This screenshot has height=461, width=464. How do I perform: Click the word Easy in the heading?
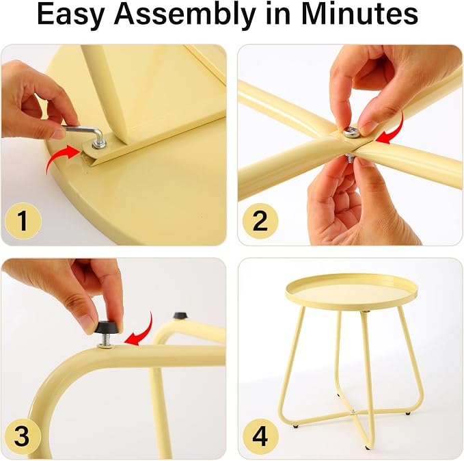72,15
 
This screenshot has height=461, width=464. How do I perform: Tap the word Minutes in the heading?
360,14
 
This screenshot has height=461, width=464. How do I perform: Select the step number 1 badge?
23,221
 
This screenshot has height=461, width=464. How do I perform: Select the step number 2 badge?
260,221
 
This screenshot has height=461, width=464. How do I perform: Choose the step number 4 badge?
260,436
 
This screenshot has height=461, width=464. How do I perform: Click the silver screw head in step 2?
351,132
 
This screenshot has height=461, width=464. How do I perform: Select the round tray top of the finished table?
351,290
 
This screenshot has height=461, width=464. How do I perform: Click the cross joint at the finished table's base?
353,412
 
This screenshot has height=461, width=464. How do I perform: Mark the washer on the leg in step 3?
106,345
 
